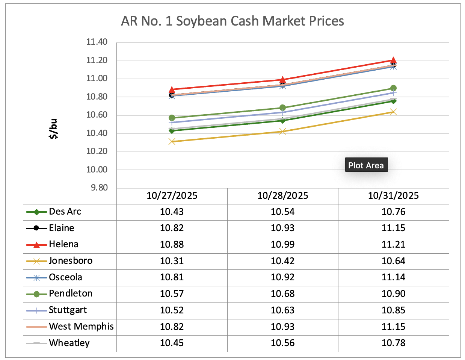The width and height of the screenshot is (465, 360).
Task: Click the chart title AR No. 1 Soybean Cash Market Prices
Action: [x=233, y=21]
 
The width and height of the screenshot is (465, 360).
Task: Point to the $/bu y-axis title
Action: [x=54, y=129]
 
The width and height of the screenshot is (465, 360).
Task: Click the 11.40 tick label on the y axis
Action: [x=97, y=42]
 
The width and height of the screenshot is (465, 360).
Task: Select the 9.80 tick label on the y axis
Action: [x=99, y=188]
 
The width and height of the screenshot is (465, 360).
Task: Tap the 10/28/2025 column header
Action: [x=282, y=196]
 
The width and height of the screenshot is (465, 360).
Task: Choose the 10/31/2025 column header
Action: [x=393, y=196]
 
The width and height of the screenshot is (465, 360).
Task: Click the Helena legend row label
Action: [x=63, y=244]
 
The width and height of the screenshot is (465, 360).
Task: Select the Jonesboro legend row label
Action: [x=71, y=261]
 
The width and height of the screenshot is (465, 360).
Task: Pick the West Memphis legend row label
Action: [x=81, y=327]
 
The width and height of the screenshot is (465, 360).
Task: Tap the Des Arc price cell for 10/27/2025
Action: [x=172, y=212]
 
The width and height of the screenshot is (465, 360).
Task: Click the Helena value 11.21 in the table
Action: [x=393, y=245]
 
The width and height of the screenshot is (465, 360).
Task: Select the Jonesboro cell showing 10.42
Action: [x=282, y=261]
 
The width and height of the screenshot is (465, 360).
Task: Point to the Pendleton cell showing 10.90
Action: [x=393, y=294]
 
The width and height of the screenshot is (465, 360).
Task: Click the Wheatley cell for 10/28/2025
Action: [x=282, y=343]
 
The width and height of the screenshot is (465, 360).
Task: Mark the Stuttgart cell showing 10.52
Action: [x=172, y=310]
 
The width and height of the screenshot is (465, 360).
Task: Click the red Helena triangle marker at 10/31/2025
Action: [x=393, y=60]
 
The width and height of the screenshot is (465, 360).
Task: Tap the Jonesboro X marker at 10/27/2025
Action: [x=172, y=142]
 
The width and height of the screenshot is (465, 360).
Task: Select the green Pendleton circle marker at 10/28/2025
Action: [x=283, y=108]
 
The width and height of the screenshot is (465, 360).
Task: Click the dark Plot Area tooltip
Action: [x=366, y=165]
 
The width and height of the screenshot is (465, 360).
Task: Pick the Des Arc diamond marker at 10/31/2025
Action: [x=393, y=101]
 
